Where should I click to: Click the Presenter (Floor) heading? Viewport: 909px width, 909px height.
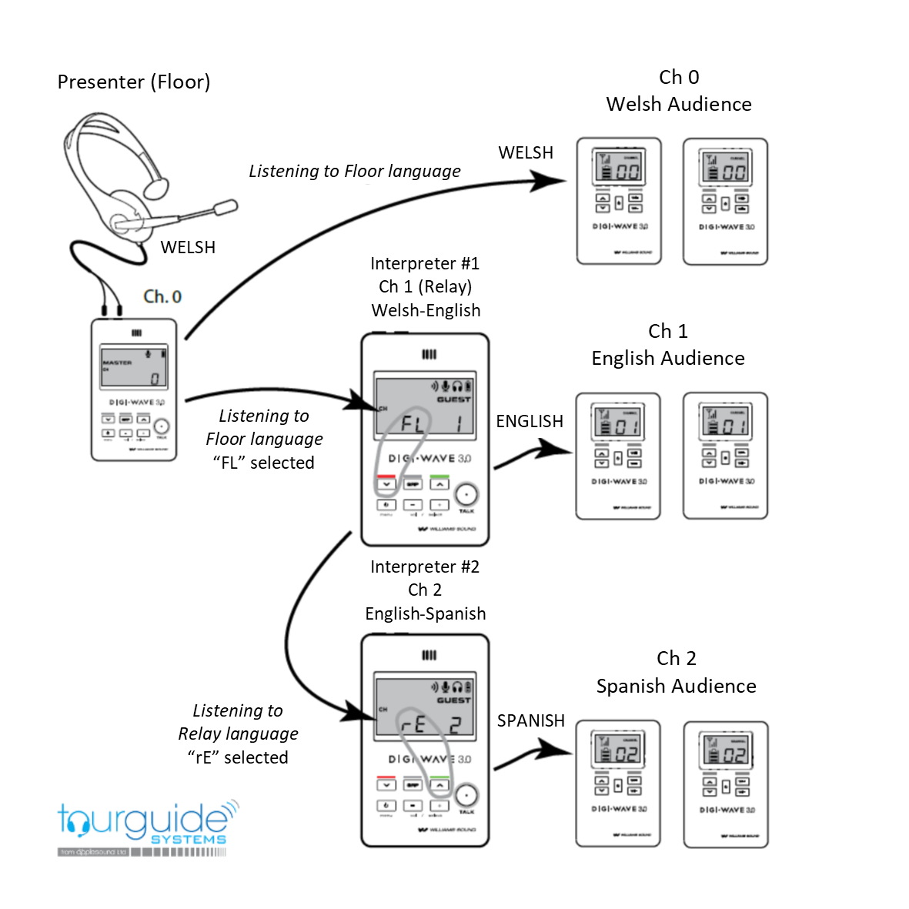tap(134, 82)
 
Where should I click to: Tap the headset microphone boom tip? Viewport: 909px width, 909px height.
tap(226, 207)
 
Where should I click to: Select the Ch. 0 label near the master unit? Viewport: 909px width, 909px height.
tap(162, 296)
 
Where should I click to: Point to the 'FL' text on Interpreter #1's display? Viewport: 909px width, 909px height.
tap(412, 423)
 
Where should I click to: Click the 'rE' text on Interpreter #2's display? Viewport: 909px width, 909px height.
tap(413, 725)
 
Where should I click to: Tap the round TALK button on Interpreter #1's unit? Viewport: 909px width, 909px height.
tap(466, 494)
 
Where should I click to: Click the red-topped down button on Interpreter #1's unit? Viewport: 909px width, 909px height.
tap(386, 483)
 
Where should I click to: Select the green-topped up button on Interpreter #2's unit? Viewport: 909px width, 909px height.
tap(439, 784)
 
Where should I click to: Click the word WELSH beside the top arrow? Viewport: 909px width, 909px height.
tap(526, 152)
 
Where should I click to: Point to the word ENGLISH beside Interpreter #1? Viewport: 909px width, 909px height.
tap(530, 421)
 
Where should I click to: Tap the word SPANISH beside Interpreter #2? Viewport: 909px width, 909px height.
tap(530, 720)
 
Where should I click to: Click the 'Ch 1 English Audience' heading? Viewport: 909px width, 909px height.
tap(668, 345)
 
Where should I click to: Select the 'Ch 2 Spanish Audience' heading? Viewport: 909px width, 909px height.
tap(676, 672)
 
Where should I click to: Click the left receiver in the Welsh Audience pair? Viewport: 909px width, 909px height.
tap(619, 201)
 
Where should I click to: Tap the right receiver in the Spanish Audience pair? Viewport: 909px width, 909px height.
tap(725, 784)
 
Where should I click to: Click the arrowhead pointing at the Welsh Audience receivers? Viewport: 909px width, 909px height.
tap(553, 182)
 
